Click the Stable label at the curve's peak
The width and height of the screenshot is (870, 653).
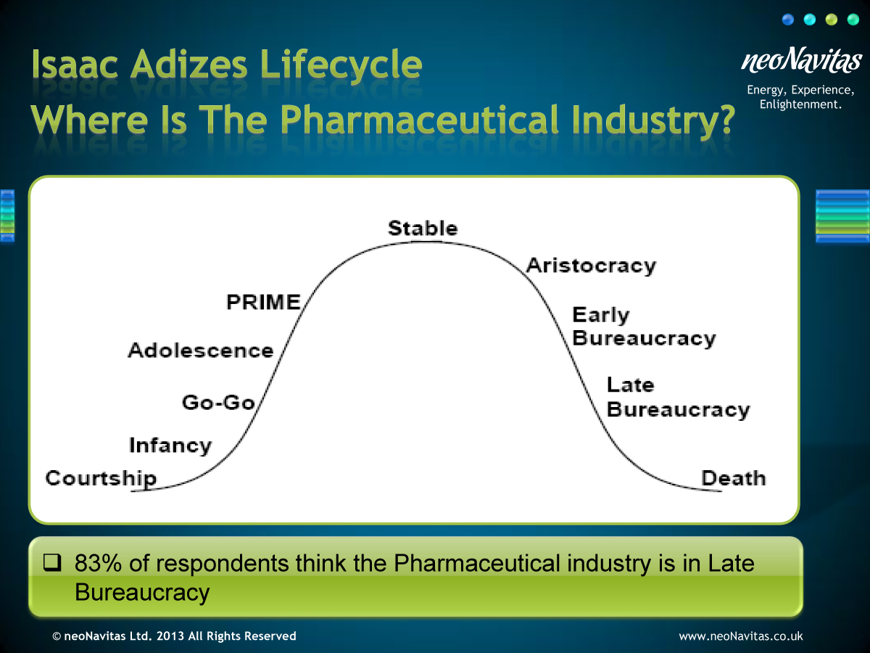point(423,229)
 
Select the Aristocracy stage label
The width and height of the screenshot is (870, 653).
point(591,266)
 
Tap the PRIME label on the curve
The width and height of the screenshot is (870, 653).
point(263,302)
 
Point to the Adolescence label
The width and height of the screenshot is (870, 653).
point(201,351)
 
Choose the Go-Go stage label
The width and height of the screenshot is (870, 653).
point(218,403)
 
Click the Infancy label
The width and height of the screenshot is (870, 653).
point(170,445)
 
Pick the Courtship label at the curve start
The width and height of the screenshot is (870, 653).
point(101,479)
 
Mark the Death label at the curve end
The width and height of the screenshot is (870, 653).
point(733,478)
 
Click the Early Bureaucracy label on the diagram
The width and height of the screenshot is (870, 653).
point(644,327)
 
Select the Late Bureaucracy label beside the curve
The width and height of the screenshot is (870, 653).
point(678,398)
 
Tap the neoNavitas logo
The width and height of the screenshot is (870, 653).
point(801,60)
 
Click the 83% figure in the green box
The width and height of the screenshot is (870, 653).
point(98,563)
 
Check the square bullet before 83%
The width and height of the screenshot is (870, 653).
point(52,562)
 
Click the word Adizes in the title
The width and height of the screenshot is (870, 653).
point(189,65)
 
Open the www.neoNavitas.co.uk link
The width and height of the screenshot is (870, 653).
point(740,636)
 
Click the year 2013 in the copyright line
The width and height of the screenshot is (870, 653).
point(170,636)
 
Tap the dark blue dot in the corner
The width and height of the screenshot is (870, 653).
point(788,20)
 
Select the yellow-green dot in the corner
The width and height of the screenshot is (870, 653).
point(832,20)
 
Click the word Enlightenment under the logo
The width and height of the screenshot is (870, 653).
point(800,104)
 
